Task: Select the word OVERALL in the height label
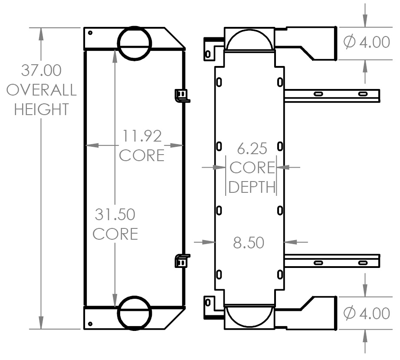coord(42,90)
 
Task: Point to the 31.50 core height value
coord(115,214)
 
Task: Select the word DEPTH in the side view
coord(252,187)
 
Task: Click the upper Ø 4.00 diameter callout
coord(366,42)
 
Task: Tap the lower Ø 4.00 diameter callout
coord(366,313)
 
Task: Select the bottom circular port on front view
coord(134,312)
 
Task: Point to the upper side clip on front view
coord(182,95)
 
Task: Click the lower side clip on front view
coord(182,261)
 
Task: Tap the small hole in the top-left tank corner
coord(90,33)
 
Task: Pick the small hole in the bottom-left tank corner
coord(90,324)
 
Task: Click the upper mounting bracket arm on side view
coord(332,95)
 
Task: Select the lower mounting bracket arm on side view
coord(332,262)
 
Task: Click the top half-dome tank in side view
coord(249,40)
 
